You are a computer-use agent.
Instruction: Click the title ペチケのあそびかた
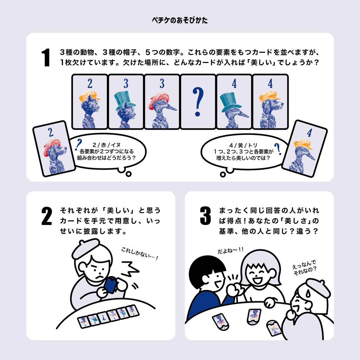click(180, 20)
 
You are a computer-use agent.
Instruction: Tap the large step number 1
click(46, 57)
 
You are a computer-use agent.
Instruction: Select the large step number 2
click(47, 216)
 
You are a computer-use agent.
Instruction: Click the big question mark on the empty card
click(198, 102)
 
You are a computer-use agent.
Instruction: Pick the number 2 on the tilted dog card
click(51, 132)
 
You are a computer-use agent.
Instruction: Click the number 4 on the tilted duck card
click(309, 133)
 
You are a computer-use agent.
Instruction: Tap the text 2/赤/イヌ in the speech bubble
click(107, 145)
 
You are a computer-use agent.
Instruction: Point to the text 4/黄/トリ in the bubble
click(243, 145)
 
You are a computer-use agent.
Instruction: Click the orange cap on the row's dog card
click(269, 97)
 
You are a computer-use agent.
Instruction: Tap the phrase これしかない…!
click(140, 253)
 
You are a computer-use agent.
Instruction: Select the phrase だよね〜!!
click(231, 250)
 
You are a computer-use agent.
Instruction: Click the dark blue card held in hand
click(111, 285)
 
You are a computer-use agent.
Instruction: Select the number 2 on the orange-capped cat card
click(90, 84)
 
